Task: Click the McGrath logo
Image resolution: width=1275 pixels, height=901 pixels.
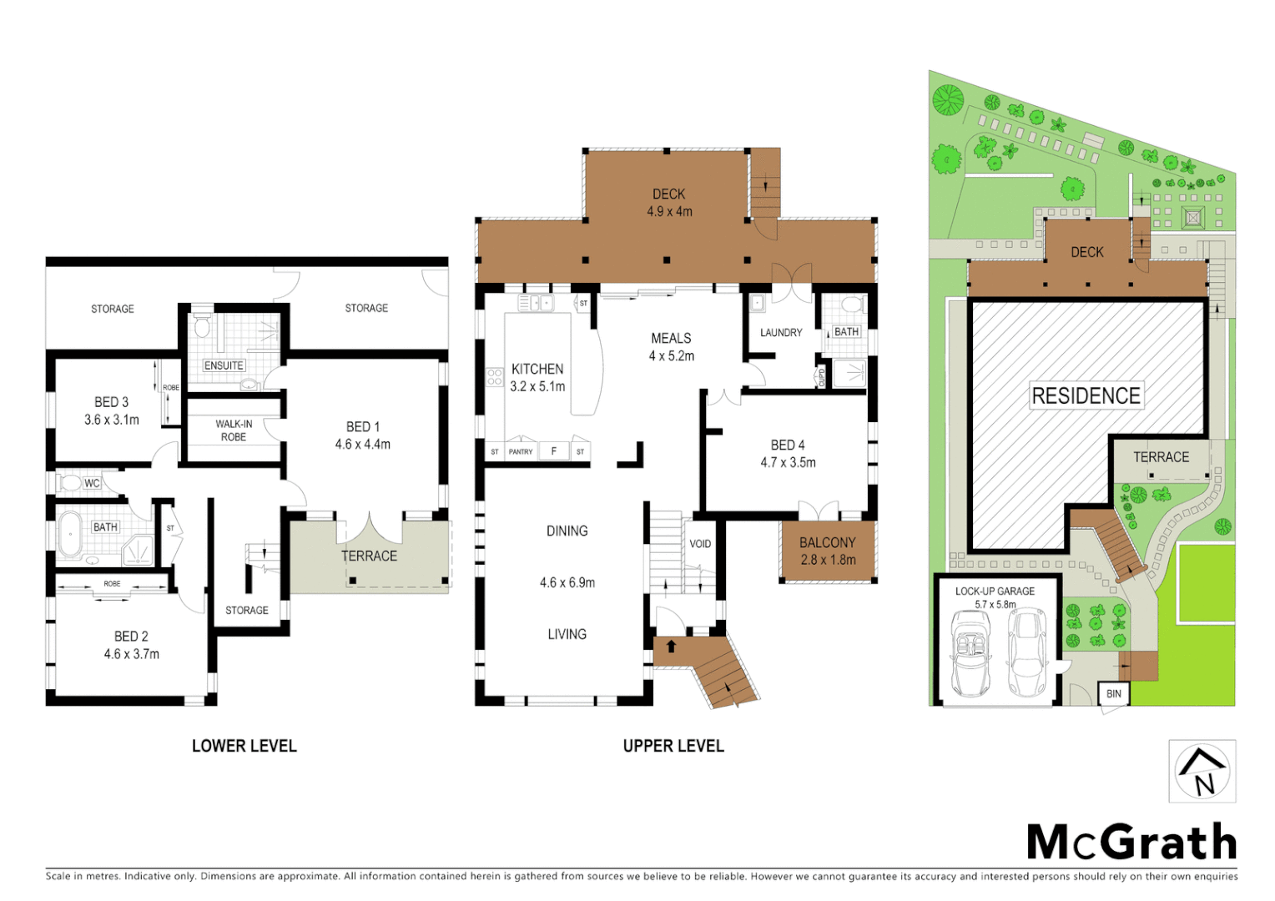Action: click(1131, 842)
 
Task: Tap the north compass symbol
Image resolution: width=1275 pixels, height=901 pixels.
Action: click(1202, 771)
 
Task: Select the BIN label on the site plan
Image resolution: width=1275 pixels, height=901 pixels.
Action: click(1113, 694)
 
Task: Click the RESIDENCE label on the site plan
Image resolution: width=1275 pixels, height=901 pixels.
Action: click(1086, 396)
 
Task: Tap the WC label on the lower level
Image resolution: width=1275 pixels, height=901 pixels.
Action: click(92, 483)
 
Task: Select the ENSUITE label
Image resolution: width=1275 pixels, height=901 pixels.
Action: click(224, 365)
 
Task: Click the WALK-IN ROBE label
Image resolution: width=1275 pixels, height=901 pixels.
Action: click(234, 430)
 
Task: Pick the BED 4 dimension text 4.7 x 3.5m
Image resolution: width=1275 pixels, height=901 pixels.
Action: click(788, 463)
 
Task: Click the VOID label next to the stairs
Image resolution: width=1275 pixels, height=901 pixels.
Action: click(700, 544)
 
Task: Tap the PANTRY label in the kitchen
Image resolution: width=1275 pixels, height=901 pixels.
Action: click(521, 452)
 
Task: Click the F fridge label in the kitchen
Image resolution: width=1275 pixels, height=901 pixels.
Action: click(553, 451)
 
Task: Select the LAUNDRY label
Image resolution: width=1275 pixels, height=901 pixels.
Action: click(781, 333)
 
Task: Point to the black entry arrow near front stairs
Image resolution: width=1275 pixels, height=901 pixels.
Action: click(671, 646)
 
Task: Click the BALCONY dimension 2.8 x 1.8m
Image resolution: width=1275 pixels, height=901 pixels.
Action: click(828, 560)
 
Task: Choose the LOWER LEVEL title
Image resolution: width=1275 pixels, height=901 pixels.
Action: click(244, 746)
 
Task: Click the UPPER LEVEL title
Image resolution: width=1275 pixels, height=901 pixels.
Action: click(673, 746)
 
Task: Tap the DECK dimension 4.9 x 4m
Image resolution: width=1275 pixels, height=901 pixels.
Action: click(669, 212)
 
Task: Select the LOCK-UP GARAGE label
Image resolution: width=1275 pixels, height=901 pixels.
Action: click(995, 591)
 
